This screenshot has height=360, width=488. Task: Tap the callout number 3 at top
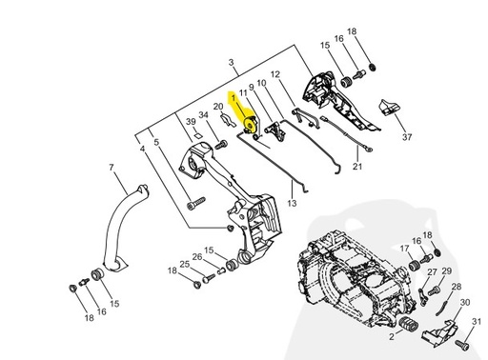[x=233, y=63]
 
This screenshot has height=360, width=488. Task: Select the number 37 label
[x=380, y=137]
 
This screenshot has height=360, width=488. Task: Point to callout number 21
[x=357, y=167]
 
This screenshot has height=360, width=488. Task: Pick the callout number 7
[x=111, y=168]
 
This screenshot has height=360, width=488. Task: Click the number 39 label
[x=190, y=123]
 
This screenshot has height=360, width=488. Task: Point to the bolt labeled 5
[x=196, y=201]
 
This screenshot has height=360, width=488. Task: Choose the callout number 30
[x=465, y=302]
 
